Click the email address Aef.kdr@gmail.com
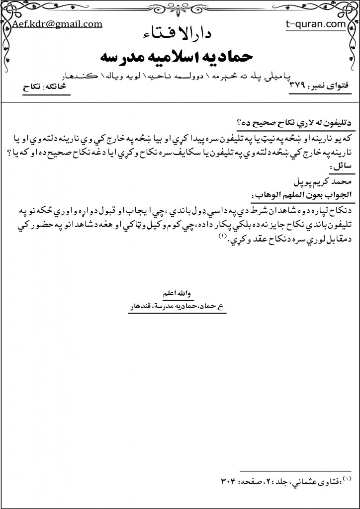point(57,23)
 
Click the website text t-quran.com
point(316,23)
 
